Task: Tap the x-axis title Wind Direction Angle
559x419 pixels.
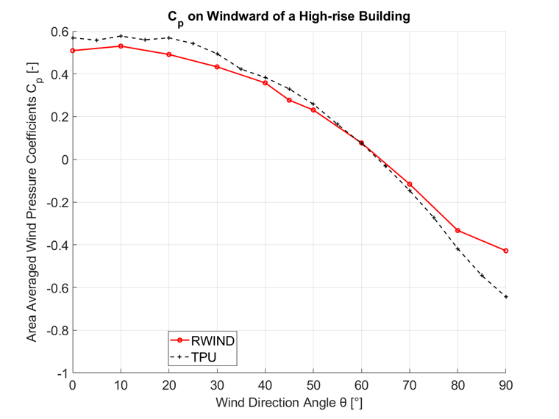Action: pyautogui.click(x=289, y=403)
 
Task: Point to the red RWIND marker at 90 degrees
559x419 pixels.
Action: pyautogui.click(x=506, y=251)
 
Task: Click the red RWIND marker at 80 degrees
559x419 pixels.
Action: pyautogui.click(x=457, y=230)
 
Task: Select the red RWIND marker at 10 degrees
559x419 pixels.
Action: pyautogui.click(x=121, y=46)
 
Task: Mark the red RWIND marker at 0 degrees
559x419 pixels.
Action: pyautogui.click(x=73, y=51)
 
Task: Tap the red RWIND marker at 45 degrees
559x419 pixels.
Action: pyautogui.click(x=289, y=100)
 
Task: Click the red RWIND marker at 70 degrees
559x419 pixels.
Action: pyautogui.click(x=410, y=184)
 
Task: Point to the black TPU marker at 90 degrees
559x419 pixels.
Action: pyautogui.click(x=506, y=296)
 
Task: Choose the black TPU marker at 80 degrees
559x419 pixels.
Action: pyautogui.click(x=457, y=249)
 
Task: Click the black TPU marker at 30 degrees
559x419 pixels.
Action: pyautogui.click(x=217, y=54)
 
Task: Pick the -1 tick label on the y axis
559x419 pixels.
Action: pyautogui.click(x=61, y=373)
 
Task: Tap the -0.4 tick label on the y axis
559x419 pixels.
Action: pyautogui.click(x=55, y=245)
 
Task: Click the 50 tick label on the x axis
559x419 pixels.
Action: pyautogui.click(x=313, y=385)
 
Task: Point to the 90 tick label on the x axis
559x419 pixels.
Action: pyautogui.click(x=506, y=385)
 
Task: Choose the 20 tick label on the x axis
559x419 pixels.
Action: pyautogui.click(x=169, y=385)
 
